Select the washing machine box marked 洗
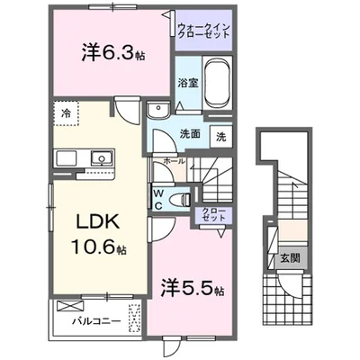220,137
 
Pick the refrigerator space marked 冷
66,113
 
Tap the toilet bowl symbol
182,197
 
